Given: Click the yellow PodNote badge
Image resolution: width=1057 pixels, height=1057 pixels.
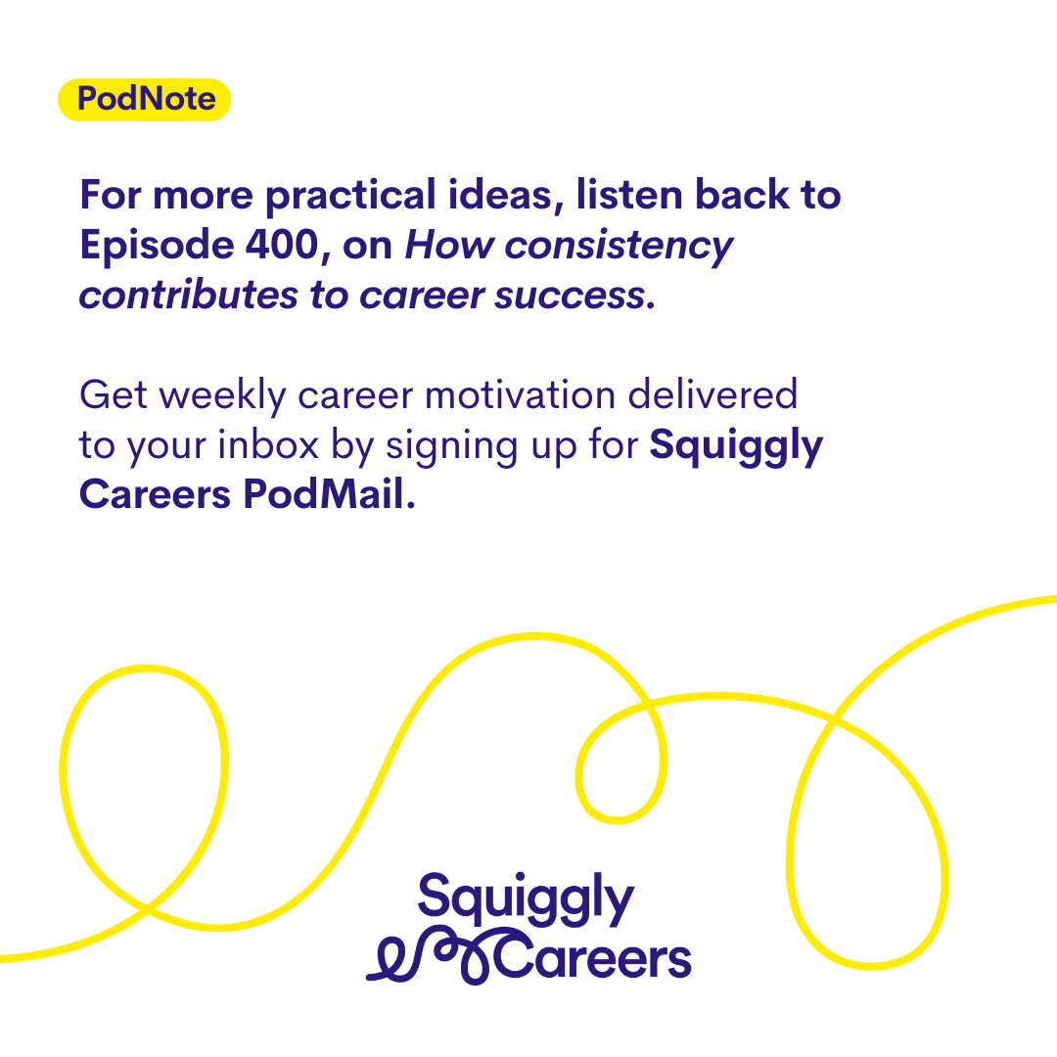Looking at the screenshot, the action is coord(144,100).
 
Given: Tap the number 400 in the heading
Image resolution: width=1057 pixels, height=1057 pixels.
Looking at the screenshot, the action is coord(282,244).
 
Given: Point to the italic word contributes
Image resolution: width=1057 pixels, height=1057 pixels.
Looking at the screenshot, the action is coord(188,296).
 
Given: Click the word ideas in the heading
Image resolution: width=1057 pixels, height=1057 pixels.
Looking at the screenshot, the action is coord(506,196).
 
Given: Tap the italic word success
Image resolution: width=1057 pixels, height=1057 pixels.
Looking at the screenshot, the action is coord(571,297).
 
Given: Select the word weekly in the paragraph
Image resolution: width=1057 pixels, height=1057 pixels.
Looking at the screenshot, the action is coord(223,395).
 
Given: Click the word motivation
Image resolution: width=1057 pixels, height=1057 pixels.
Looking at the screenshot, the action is coord(521,395).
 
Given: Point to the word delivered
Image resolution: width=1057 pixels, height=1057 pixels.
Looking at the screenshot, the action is coord(712,394).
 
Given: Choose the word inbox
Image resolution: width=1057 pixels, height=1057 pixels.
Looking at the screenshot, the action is coord(268,445).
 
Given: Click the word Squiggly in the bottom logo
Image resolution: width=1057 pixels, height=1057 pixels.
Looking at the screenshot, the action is coord(526,899).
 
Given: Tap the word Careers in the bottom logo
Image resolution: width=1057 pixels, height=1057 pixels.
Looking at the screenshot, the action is coord(593,957).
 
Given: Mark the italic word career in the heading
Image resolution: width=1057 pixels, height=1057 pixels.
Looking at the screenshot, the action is coord(422,297).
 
